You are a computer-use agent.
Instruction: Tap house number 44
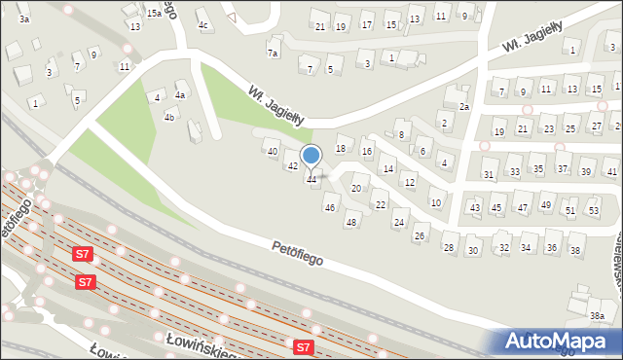coord(311,179)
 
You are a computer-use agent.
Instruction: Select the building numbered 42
coord(292,166)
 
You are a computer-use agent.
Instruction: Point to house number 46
coord(330,207)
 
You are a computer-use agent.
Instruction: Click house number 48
coord(351,223)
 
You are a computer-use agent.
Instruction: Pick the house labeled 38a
coord(597,316)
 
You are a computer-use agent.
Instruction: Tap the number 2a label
coord(464,106)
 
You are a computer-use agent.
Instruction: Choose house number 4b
coord(169,118)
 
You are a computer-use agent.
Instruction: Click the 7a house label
coord(273,53)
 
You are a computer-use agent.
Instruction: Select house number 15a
coord(155,14)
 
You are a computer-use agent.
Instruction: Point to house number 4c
coord(202,24)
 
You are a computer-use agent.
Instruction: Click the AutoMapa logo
coord(561,341)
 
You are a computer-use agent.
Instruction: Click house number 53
coord(594,211)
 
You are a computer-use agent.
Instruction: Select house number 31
coord(489,174)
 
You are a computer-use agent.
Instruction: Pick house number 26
coord(420,236)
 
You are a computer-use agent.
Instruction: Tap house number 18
coord(341,148)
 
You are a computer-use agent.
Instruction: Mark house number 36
coord(552,248)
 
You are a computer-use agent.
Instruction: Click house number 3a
coord(24,18)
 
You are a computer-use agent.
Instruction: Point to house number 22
coord(380,204)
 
